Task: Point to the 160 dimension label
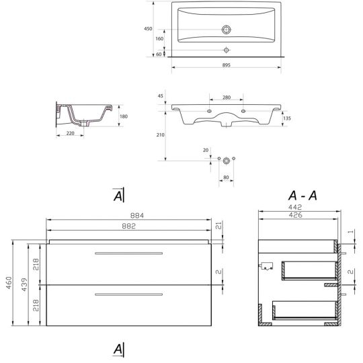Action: point(159,39)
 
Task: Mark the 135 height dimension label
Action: point(288,118)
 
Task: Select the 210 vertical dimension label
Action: point(159,134)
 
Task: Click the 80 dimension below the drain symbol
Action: point(227,179)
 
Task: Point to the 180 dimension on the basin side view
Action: point(123,116)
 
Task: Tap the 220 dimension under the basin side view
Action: point(70,134)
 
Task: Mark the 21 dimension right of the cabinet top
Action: point(218,226)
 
